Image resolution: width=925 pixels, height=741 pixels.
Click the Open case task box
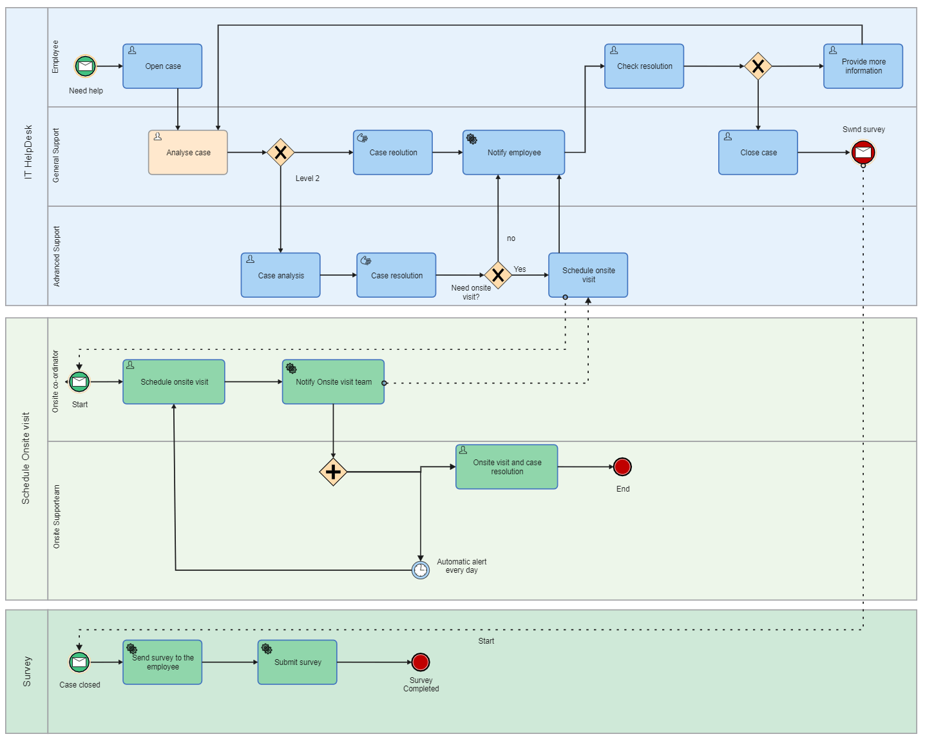pos(162,66)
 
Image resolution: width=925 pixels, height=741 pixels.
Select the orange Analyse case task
pos(188,153)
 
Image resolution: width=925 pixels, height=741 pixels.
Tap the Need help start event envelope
pos(86,66)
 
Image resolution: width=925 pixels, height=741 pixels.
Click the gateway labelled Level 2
pos(281,153)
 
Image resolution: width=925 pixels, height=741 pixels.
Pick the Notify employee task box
pos(513,153)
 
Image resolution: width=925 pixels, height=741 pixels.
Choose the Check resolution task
pos(644,66)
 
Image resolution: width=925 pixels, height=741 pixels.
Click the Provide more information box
pos(863,66)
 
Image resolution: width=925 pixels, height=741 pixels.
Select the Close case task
pos(758,153)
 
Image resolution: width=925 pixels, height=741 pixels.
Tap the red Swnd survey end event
pos(863,153)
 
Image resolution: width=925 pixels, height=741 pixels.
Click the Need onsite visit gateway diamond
pos(498,275)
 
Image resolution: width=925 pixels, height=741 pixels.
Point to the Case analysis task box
pos(281,275)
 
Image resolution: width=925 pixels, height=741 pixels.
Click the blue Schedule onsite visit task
pos(588,275)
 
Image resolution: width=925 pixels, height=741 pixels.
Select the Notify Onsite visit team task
pos(333,382)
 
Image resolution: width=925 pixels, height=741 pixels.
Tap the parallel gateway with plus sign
pos(333,472)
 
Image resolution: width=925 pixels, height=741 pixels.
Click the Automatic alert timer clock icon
pos(421,570)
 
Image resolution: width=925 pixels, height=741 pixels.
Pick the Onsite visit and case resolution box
pos(507,467)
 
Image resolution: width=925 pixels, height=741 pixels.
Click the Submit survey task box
pos(298,662)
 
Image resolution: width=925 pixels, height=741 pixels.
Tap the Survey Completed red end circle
pos(421,662)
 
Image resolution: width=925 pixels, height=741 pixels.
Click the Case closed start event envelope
pos(79,662)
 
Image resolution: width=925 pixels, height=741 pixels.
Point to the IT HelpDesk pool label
pos(28,153)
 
